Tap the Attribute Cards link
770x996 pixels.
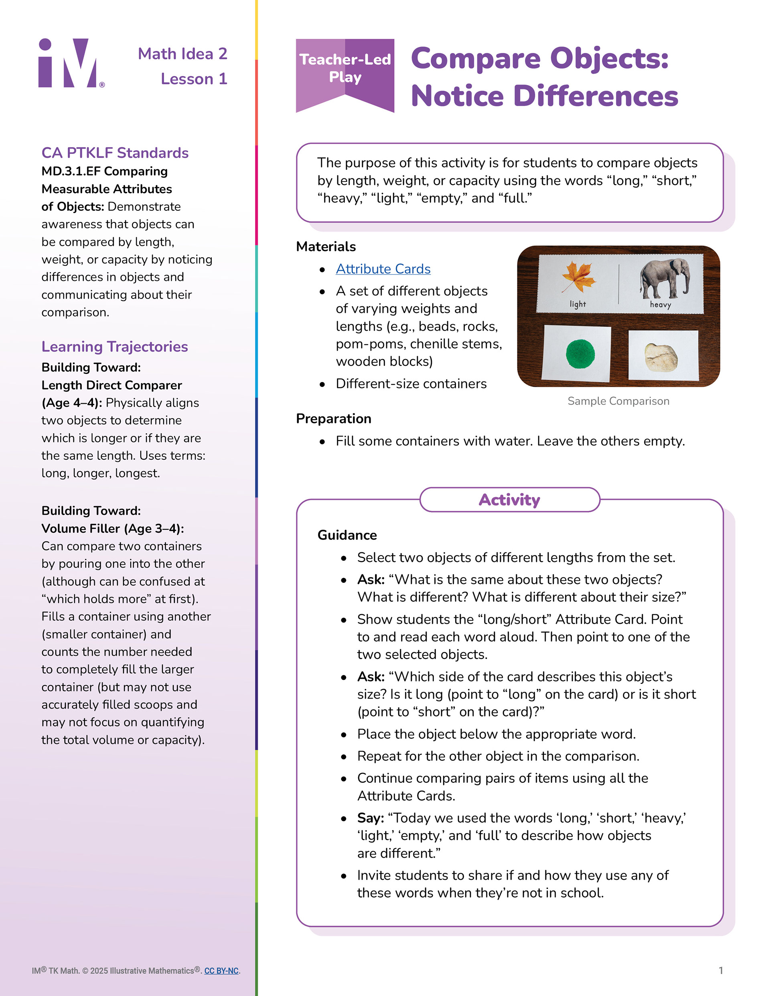tap(383, 269)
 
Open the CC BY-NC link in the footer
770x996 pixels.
tap(221, 970)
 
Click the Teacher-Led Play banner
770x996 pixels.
tap(345, 69)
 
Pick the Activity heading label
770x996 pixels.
tap(509, 500)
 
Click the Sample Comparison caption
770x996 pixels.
tap(618, 401)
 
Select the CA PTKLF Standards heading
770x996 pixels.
tap(115, 153)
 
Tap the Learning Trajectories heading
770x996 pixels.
tap(115, 347)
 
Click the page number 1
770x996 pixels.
tap(721, 970)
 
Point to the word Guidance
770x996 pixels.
tap(347, 535)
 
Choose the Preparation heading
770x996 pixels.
tap(333, 419)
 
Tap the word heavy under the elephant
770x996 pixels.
tap(661, 304)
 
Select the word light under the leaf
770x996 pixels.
tap(577, 304)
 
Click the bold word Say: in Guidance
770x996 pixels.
tap(371, 818)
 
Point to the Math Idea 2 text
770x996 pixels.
tap(182, 54)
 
